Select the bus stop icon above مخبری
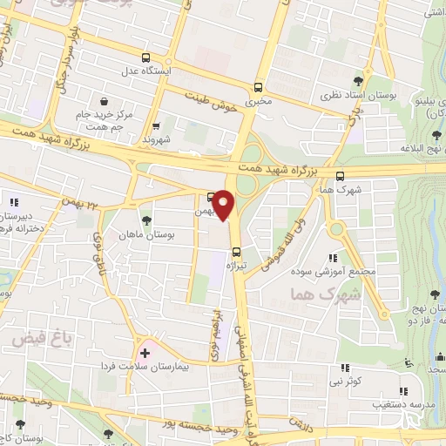[257, 87]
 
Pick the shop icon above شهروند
[156, 125]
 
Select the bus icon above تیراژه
[235, 255]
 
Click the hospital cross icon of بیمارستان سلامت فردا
[145, 352]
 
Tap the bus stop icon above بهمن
[211, 197]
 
